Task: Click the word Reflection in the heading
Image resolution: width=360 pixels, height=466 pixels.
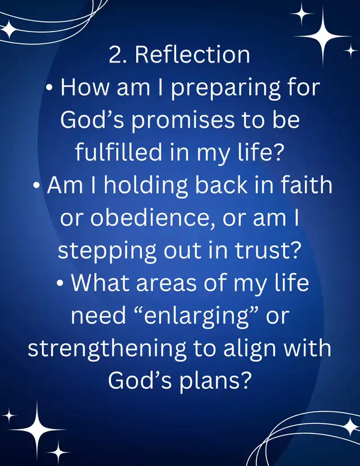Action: (192, 55)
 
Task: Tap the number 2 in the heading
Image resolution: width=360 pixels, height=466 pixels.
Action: (114, 55)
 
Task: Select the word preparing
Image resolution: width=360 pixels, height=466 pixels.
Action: (226, 88)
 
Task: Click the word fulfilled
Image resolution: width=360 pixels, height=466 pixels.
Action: (119, 151)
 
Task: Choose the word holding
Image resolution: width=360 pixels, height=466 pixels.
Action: (146, 186)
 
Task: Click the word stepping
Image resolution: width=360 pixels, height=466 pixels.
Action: (107, 250)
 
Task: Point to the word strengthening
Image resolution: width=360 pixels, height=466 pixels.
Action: (107, 348)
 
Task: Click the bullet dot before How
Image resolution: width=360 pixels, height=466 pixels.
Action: (50, 88)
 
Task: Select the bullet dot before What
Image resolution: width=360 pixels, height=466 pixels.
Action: (60, 284)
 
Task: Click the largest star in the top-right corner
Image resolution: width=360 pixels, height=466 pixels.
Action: (323, 36)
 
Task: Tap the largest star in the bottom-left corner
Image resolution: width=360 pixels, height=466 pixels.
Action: (37, 430)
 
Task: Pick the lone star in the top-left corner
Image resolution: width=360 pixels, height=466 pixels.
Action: (9, 29)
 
